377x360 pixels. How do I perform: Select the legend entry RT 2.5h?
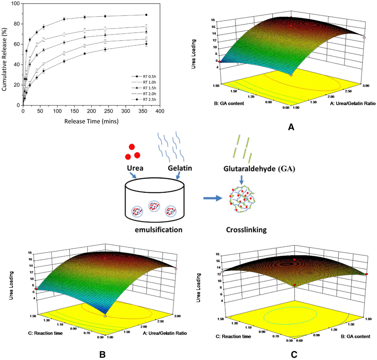145,99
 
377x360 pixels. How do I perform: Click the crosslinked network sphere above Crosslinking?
243,200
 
